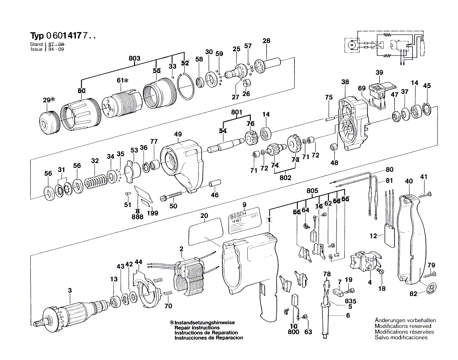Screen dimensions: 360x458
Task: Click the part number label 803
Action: (134, 58)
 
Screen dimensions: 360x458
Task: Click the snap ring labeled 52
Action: (186, 87)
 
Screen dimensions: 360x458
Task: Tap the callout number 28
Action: (266, 41)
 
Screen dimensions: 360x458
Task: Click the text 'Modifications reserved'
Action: (403, 326)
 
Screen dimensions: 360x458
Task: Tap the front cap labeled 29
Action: (48, 122)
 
